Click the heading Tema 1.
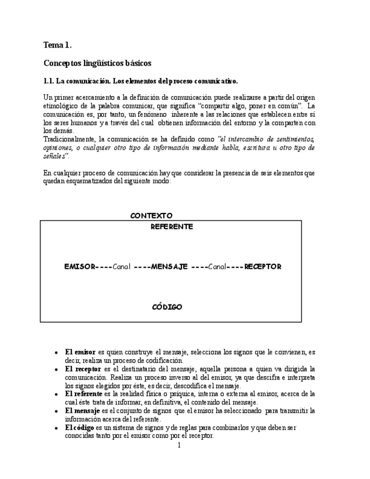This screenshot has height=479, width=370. [58, 45]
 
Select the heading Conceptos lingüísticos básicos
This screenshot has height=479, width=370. [97, 63]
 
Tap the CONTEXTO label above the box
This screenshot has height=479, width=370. [151, 216]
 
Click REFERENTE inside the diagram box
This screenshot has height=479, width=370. [172, 227]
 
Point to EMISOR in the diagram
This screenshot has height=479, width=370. [79, 267]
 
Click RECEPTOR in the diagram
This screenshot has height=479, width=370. [263, 267]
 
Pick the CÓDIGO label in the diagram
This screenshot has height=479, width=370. [167, 307]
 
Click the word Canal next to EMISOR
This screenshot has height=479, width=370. [121, 267]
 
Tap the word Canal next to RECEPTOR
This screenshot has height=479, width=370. [217, 267]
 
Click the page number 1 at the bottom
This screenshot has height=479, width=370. [179, 445]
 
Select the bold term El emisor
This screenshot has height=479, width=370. [80, 352]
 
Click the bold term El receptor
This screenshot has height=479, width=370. [82, 369]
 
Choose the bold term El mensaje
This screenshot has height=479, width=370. [83, 411]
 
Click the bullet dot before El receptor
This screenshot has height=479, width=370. [56, 369]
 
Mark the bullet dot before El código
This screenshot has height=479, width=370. [56, 428]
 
